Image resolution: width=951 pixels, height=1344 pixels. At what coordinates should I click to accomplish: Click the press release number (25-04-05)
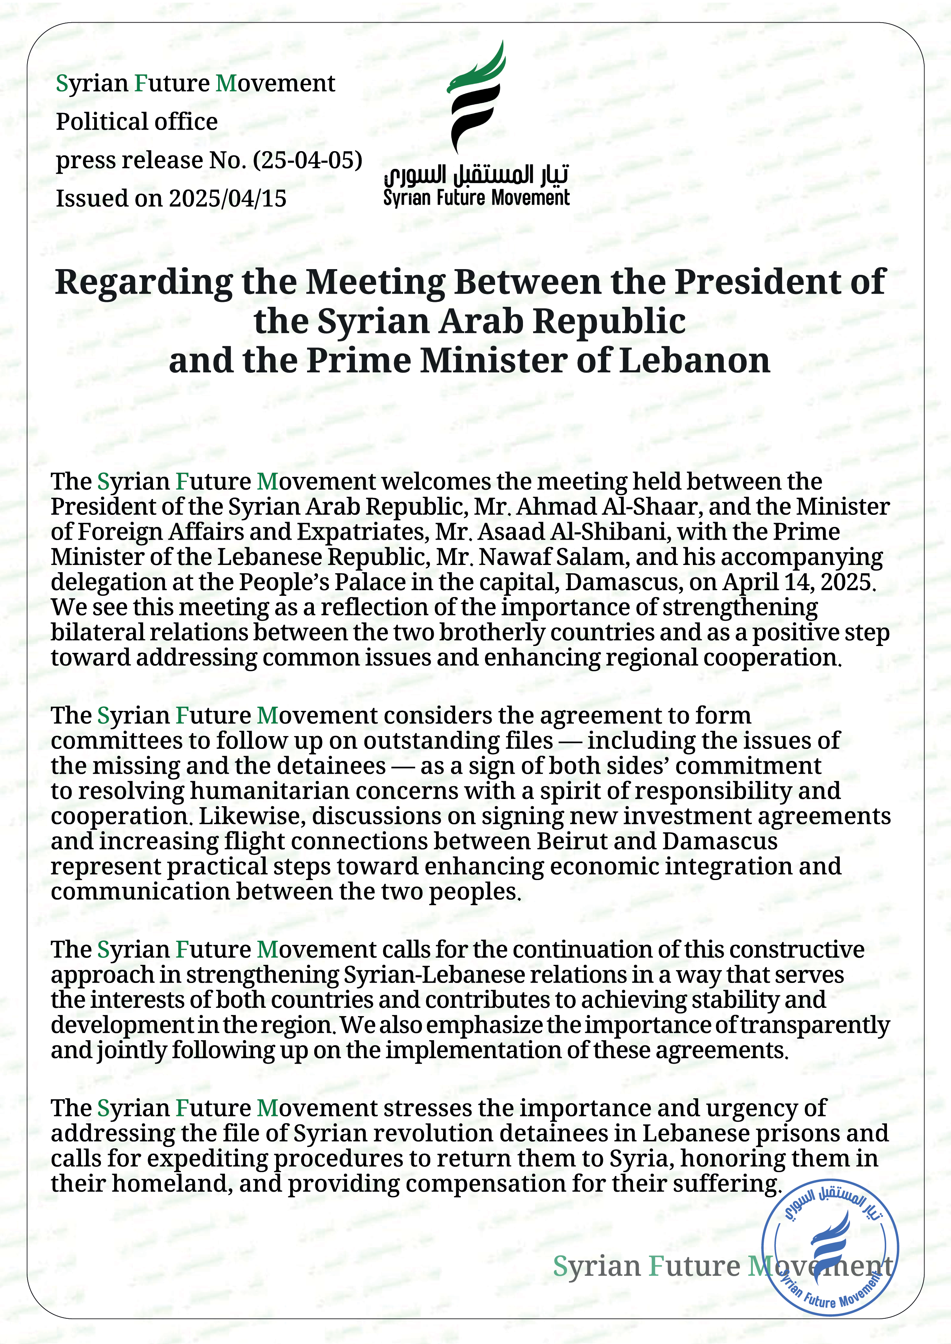[x=308, y=160]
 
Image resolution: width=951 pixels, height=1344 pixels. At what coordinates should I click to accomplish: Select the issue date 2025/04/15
[x=228, y=199]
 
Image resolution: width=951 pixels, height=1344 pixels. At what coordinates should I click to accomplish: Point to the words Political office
[x=136, y=122]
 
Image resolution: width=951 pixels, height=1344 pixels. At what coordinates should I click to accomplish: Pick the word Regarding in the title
[x=144, y=282]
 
